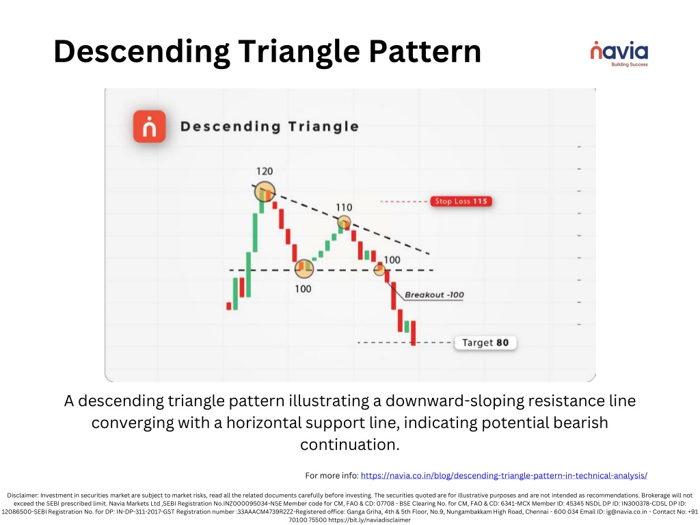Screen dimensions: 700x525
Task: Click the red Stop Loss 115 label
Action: click(461, 202)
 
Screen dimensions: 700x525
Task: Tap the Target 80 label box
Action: click(485, 342)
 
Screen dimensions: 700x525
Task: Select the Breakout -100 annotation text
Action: click(434, 295)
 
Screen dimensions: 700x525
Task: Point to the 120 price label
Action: click(265, 172)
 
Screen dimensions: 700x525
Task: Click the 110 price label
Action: click(344, 207)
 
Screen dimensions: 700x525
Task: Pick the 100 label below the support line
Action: click(303, 289)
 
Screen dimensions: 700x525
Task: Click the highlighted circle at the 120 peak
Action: click(265, 192)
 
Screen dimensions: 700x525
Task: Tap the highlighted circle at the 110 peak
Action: click(344, 222)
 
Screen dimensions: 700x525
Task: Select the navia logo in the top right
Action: click(619, 53)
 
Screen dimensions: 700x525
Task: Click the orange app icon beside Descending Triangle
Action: click(150, 126)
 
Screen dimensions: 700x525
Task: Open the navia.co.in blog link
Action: click(504, 476)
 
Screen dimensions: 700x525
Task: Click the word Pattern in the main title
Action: click(425, 51)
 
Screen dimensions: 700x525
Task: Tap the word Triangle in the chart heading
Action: click(323, 126)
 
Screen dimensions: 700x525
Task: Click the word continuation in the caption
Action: click(349, 444)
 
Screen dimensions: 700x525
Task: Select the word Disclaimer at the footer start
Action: click(23, 495)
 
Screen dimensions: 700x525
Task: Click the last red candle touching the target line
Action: click(414, 333)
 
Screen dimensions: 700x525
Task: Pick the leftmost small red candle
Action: click(229, 306)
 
